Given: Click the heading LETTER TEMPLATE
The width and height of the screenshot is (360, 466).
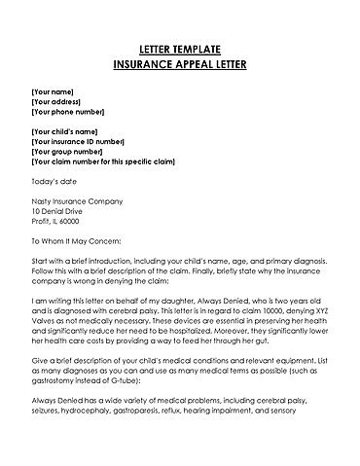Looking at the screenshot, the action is pos(180,47).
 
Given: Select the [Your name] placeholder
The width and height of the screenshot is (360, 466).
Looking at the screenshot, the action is pos(55,90).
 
